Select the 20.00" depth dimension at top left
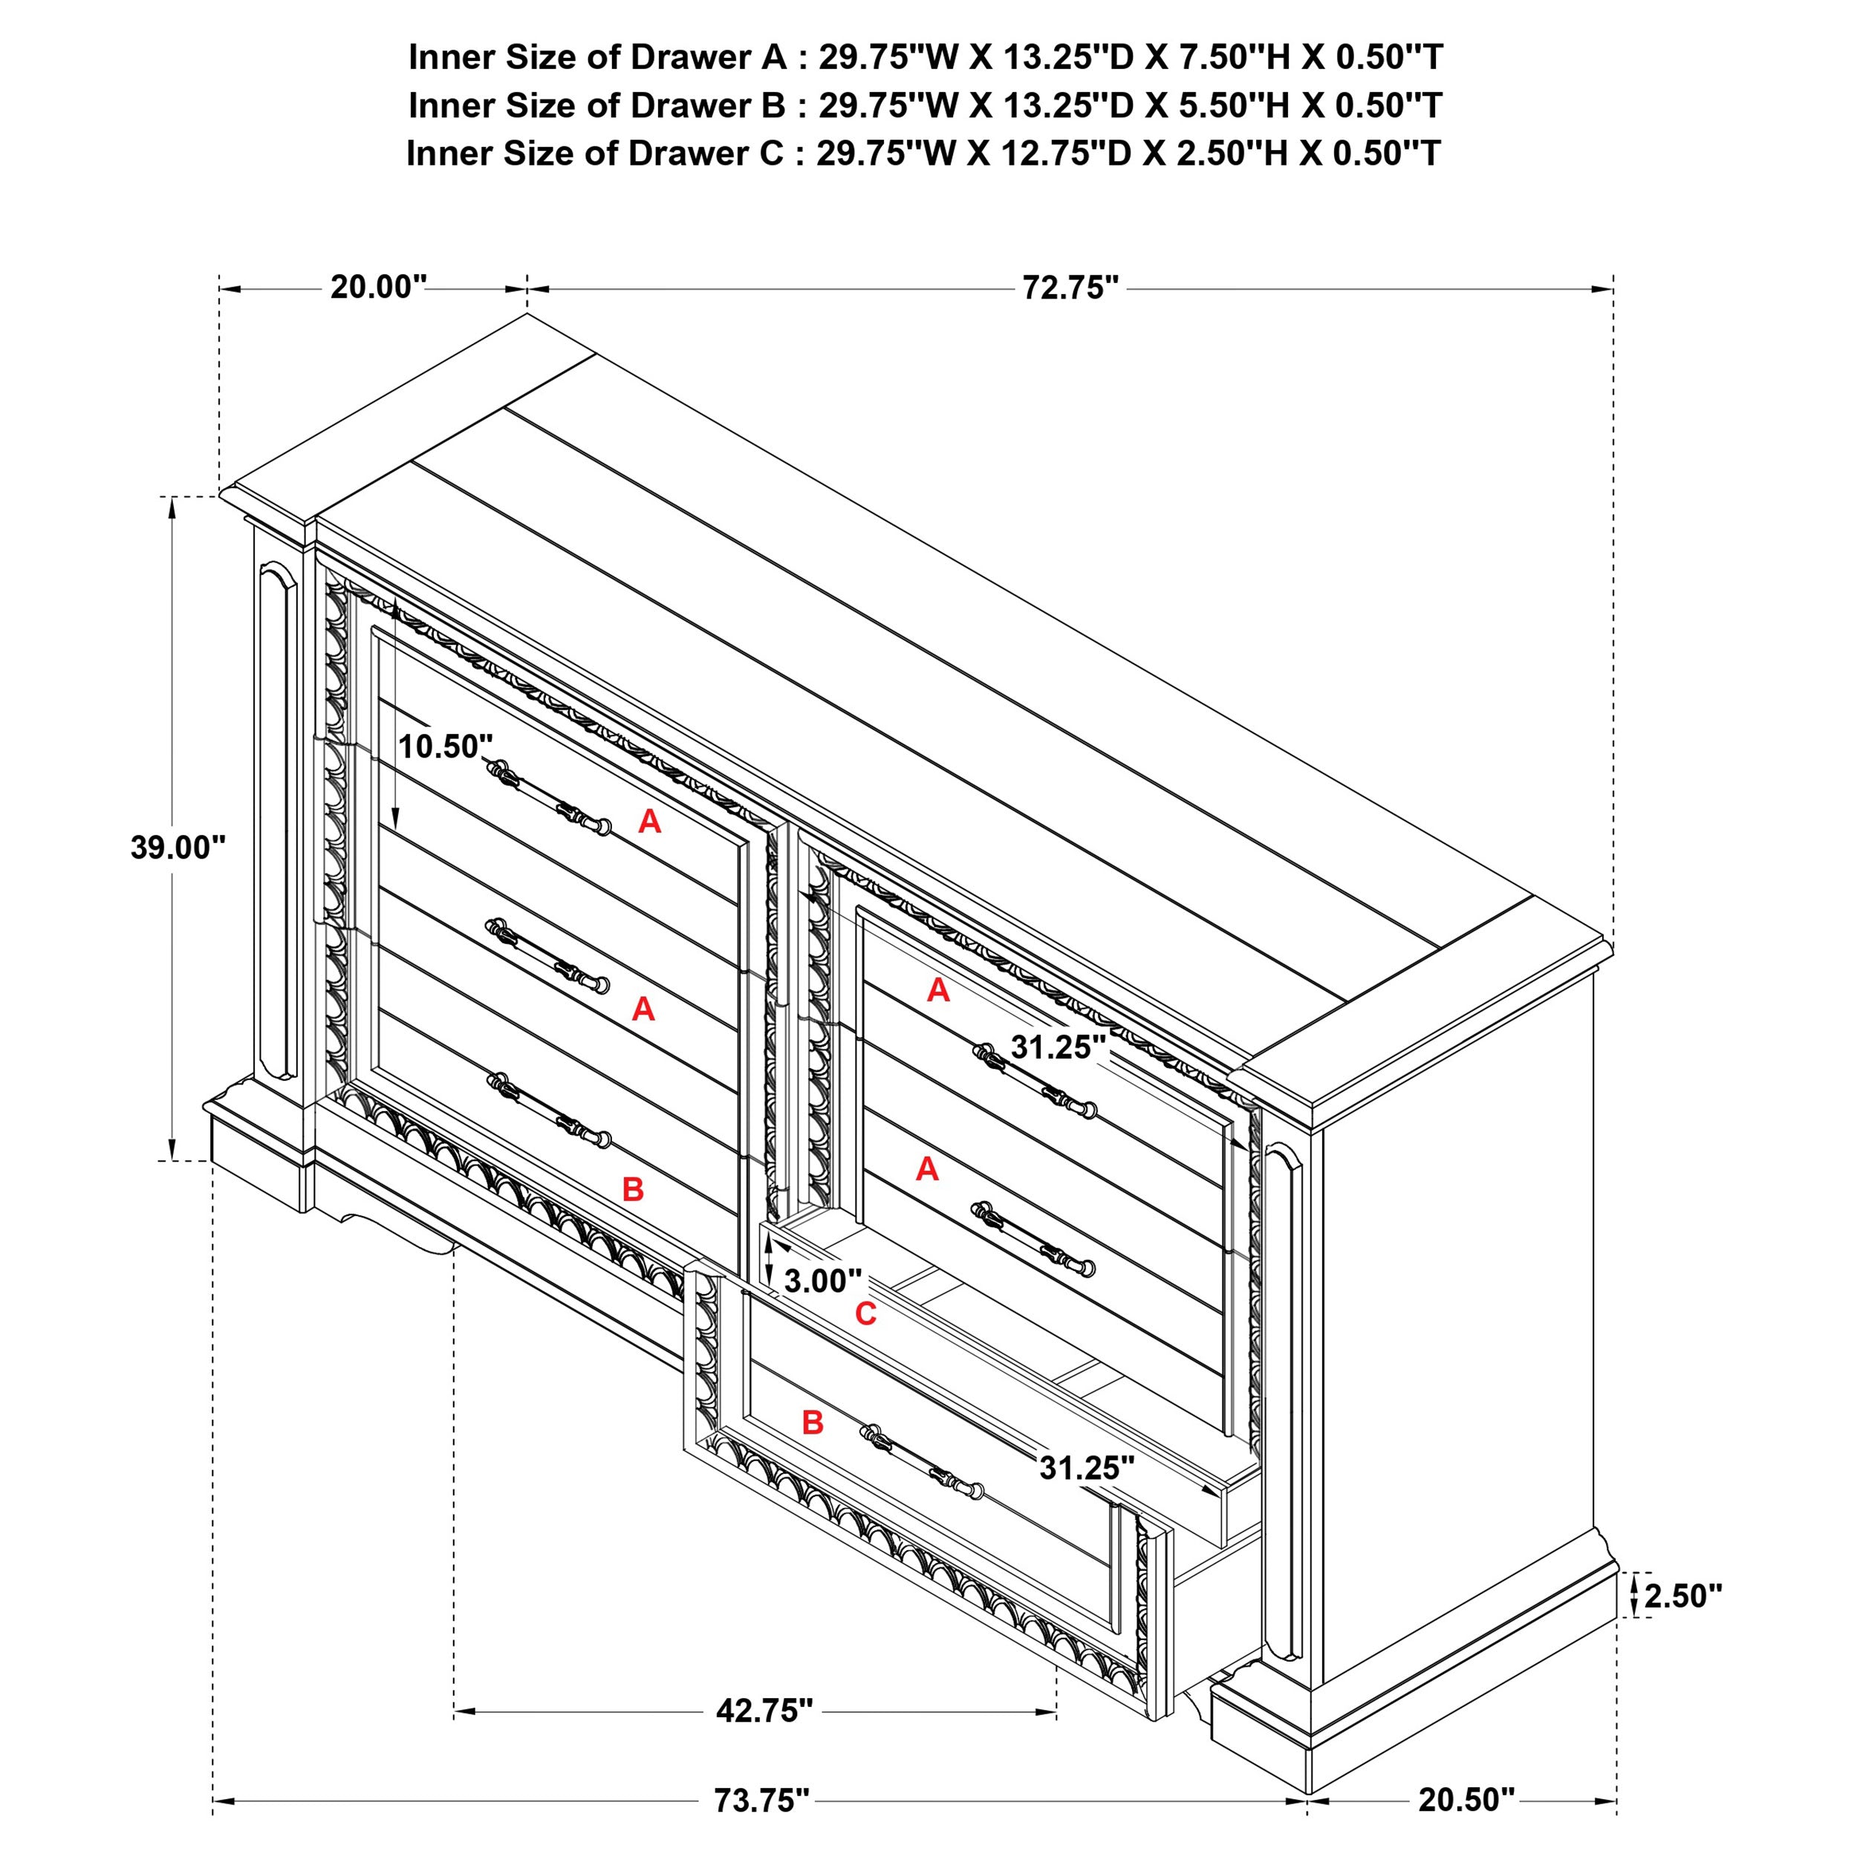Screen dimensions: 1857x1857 [x=378, y=287]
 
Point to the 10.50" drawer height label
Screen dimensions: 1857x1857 [x=445, y=746]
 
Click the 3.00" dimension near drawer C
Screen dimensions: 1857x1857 [x=822, y=1281]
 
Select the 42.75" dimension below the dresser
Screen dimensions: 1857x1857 [x=764, y=1710]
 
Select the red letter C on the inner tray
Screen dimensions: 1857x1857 [x=865, y=1314]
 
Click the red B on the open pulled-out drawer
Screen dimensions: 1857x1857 [x=812, y=1422]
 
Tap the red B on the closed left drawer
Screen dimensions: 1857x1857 [x=632, y=1189]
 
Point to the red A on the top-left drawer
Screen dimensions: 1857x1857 [x=650, y=821]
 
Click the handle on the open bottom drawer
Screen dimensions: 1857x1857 [x=922, y=1465]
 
